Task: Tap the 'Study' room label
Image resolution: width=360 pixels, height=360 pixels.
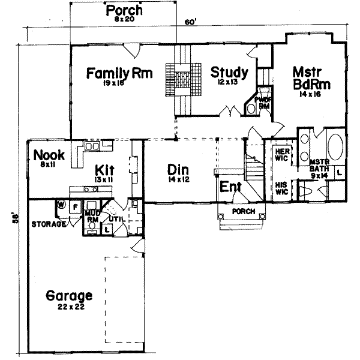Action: [229, 73]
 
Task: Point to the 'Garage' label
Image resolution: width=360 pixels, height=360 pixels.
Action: [69, 296]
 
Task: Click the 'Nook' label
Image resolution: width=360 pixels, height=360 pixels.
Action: [45, 154]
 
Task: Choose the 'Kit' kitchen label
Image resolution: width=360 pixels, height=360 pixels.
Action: [105, 169]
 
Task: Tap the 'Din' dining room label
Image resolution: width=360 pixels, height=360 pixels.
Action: [179, 170]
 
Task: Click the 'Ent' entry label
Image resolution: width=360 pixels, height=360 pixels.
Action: [230, 187]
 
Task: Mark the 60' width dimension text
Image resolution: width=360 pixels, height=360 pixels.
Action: [190, 22]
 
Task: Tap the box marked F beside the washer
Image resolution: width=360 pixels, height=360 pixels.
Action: [74, 207]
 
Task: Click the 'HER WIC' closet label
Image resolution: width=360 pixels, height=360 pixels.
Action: [281, 154]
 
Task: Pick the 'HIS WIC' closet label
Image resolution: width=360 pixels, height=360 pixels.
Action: [281, 188]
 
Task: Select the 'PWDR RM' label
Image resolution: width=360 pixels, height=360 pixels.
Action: [262, 103]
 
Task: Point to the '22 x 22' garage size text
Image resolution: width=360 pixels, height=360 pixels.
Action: [69, 307]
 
